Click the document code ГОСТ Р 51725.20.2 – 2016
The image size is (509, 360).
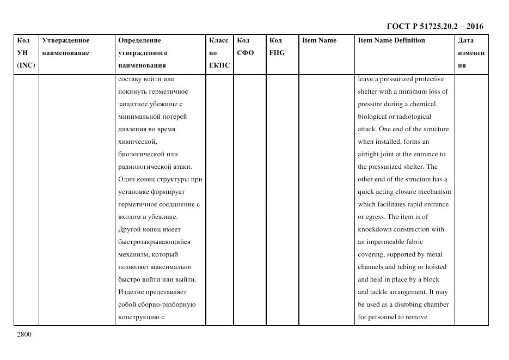[x=434, y=26]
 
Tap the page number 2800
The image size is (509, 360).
[x=24, y=334]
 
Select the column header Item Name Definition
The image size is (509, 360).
[x=391, y=40]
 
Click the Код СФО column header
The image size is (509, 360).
[x=245, y=47]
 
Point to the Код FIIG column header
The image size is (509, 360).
[x=277, y=47]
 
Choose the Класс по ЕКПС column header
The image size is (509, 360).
[x=219, y=53]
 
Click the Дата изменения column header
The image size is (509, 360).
[x=470, y=53]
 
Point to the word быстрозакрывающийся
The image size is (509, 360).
[x=154, y=242]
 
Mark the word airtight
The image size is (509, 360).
[x=368, y=154]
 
